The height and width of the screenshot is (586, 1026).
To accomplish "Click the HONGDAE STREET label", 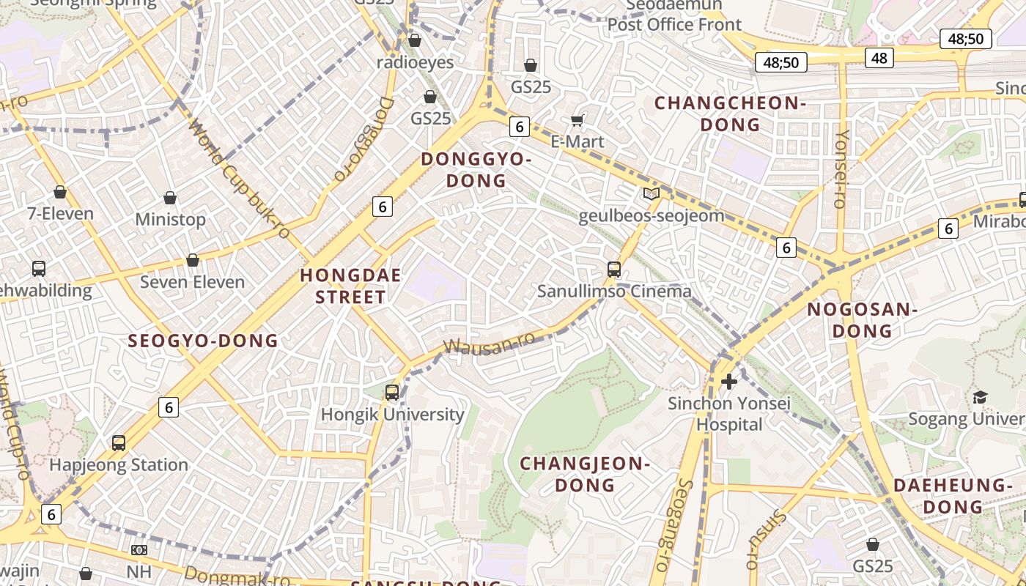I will point(350,286).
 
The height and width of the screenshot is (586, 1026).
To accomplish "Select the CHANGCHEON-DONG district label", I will point(730,114).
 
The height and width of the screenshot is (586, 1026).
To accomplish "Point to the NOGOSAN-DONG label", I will point(862,320).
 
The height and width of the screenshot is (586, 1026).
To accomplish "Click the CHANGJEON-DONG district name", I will point(585,474).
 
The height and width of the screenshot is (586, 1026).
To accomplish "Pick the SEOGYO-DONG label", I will point(203,341).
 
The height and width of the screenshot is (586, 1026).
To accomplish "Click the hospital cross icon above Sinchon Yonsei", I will point(729,382).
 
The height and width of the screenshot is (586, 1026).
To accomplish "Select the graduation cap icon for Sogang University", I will point(980,397).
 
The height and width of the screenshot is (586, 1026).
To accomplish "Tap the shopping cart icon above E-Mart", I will point(577,120).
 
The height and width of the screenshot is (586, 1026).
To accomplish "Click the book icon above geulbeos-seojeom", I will point(651,194).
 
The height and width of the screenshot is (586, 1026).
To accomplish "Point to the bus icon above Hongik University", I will point(392,393).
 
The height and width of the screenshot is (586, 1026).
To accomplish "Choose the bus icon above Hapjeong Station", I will point(119,443).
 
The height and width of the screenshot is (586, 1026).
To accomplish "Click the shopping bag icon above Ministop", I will point(170,198).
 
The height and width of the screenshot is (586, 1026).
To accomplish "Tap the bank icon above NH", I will point(139,549).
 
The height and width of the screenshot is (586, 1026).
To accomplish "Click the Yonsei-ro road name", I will point(841,168).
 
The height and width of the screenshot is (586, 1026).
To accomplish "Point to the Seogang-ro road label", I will point(672,523).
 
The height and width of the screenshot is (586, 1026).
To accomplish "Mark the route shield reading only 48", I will point(879,58).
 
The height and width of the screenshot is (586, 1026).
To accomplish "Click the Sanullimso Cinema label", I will point(614,291).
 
